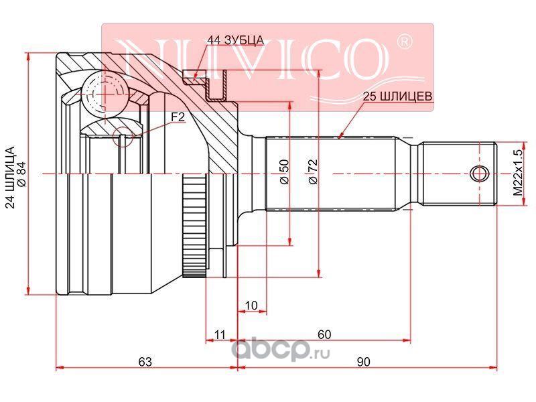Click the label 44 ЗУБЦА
click(236, 40)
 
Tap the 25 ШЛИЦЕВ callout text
click(397, 96)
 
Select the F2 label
click(178, 117)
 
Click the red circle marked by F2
click(123, 137)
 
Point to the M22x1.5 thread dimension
click(518, 173)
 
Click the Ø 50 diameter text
click(284, 172)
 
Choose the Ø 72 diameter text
click(313, 172)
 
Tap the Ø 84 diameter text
click(21, 174)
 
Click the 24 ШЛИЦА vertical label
click(10, 177)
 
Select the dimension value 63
click(145, 361)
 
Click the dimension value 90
click(363, 361)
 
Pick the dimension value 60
click(324, 334)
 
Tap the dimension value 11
click(220, 334)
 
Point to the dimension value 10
click(252, 306)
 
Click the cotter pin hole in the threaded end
click(480, 174)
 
